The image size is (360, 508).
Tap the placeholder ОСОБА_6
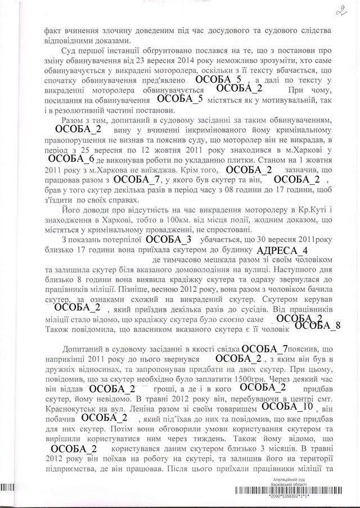tap(68, 160)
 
